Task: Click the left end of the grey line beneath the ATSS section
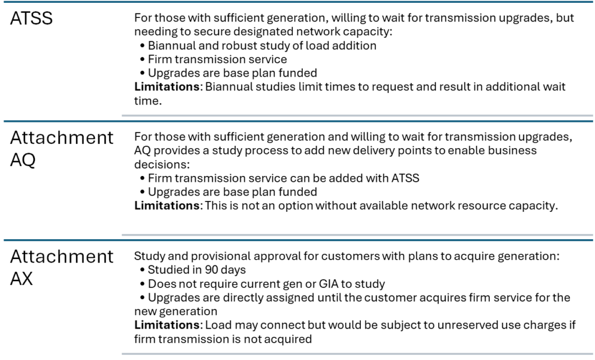click(122, 116)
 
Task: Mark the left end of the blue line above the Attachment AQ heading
click(4, 121)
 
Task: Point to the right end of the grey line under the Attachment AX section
click(593, 354)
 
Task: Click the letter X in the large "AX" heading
click(27, 279)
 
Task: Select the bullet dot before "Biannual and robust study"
click(143, 46)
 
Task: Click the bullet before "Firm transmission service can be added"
click(143, 178)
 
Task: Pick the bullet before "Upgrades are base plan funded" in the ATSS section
click(143, 73)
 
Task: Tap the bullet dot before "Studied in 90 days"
click(143, 270)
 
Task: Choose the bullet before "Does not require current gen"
click(143, 284)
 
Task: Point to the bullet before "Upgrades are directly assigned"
click(143, 298)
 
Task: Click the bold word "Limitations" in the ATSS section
click(167, 87)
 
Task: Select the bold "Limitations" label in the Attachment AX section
click(167, 325)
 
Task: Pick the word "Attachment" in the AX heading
click(62, 257)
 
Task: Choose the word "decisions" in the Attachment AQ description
click(161, 164)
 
